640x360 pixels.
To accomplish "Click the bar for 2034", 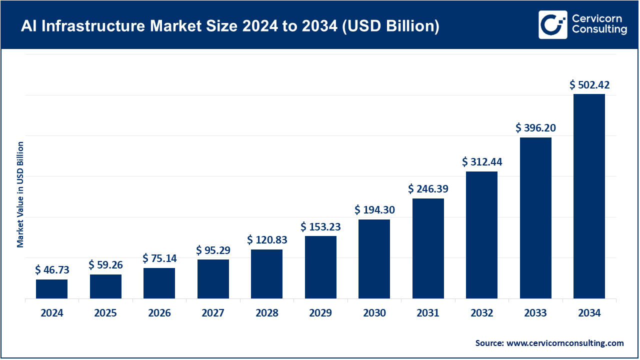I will (589, 196).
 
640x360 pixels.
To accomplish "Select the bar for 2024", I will (51, 289).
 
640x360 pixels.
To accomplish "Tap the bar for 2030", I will (374, 259).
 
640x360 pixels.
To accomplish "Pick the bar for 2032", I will (481, 235).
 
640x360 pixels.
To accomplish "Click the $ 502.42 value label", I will (589, 85).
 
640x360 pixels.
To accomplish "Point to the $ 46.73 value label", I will (52, 270).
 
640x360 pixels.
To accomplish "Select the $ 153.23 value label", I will (320, 226).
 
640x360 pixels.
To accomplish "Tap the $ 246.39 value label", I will (428, 189).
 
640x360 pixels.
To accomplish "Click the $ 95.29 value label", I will (213, 249).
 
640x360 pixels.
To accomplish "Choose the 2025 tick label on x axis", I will (105, 313).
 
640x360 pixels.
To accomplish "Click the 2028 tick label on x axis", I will (266, 313).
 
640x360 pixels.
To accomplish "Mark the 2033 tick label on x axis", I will (535, 313).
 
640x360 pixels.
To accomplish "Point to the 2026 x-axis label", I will (159, 313).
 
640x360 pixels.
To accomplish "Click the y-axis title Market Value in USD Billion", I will (20, 194).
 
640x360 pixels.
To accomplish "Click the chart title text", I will (230, 25).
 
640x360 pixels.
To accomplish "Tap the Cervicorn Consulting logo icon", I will (552, 24).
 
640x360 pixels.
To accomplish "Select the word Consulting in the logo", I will (599, 30).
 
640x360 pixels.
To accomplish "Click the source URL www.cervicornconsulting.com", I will (564, 343).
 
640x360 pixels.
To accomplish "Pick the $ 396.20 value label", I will (535, 128).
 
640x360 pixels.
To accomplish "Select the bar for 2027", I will (213, 279).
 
